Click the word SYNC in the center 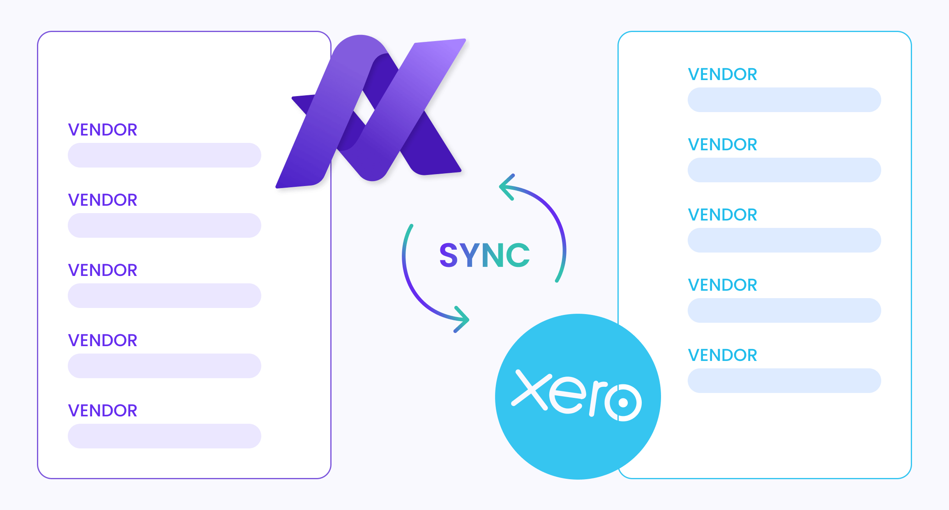tap(484, 255)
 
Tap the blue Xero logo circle tap(578, 397)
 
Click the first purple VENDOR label tap(103, 130)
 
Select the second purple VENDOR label tap(103, 200)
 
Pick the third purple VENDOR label tap(103, 270)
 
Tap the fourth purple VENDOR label tap(103, 340)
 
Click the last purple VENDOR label tap(103, 411)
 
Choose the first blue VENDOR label tap(723, 74)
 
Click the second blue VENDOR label tap(723, 145)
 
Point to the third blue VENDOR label tap(723, 215)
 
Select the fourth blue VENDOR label tap(723, 285)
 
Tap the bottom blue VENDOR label tap(723, 355)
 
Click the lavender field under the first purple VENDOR tap(164, 155)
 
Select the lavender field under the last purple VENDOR tap(164, 436)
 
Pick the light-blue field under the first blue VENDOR tap(784, 100)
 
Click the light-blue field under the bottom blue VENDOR tap(784, 381)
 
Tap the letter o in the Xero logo tap(623, 402)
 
